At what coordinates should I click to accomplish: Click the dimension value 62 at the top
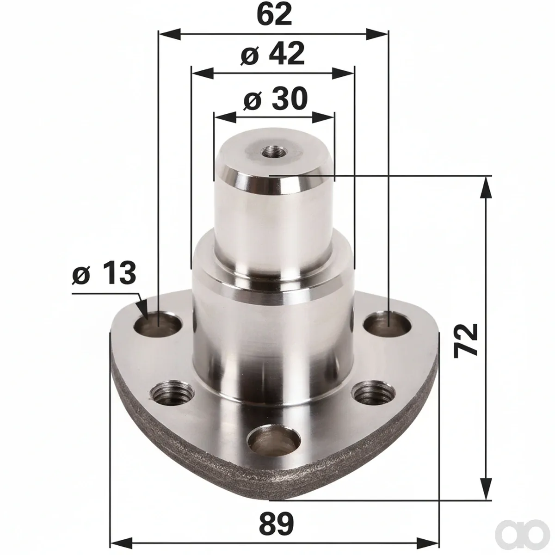[274, 15]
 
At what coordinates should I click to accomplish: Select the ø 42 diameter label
[272, 54]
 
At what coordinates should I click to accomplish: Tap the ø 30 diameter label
[275, 99]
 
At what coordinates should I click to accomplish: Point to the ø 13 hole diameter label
[104, 273]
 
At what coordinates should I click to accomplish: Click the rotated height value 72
[466, 341]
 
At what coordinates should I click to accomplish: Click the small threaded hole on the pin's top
[272, 151]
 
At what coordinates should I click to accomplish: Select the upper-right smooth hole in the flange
[387, 325]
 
